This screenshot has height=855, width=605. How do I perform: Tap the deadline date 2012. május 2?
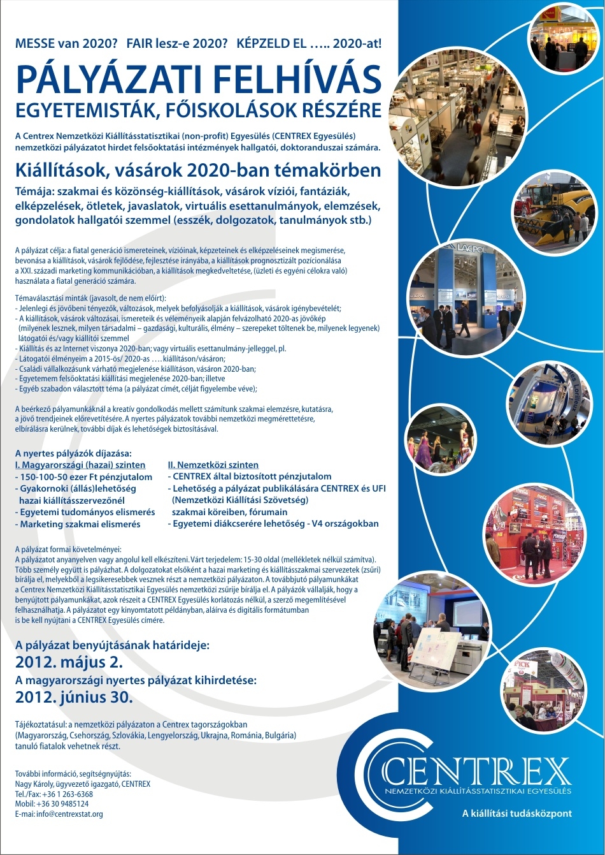[69, 661]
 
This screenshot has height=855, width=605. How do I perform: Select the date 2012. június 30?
[74, 697]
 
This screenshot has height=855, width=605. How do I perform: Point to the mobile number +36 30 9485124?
[52, 804]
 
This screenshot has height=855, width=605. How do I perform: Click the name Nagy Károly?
[34, 784]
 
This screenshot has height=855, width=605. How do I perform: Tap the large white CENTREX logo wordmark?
[478, 772]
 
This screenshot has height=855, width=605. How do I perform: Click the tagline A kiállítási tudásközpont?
[517, 814]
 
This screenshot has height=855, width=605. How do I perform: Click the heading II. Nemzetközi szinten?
[213, 465]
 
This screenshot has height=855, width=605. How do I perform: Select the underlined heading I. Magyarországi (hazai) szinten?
[80, 465]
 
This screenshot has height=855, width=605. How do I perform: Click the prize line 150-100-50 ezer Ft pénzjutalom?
[86, 477]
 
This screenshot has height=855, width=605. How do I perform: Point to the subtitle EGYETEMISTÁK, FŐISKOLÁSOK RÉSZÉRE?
[199, 110]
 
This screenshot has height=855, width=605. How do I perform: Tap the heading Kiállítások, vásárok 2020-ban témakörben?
[198, 170]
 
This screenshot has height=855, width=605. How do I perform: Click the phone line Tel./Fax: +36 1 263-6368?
[54, 794]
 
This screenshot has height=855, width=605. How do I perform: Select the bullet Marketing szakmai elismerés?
[80, 524]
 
